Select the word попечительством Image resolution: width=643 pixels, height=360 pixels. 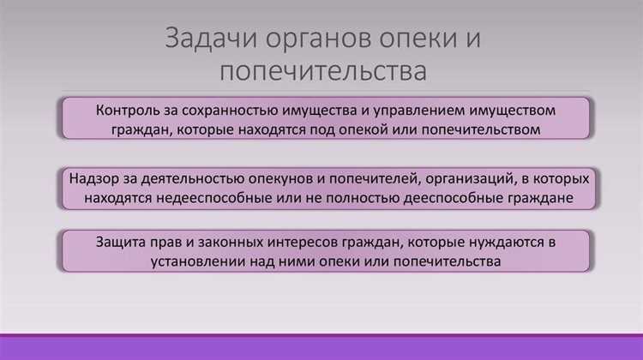pos(489,130)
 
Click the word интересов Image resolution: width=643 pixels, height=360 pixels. pos(313,240)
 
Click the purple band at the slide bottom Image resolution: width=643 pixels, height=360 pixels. pos(321,348)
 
